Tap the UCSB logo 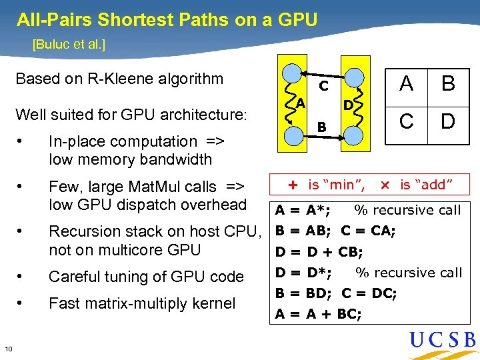pos(443,341)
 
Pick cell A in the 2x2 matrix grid pos(406,84)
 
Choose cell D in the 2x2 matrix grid pos(448,122)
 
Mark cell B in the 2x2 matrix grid pos(448,84)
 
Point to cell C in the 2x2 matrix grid pos(406,122)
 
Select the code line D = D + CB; pos(319,252)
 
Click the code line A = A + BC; pos(319,313)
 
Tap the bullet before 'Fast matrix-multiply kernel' pos(22,303)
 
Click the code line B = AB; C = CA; pos(335,231)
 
